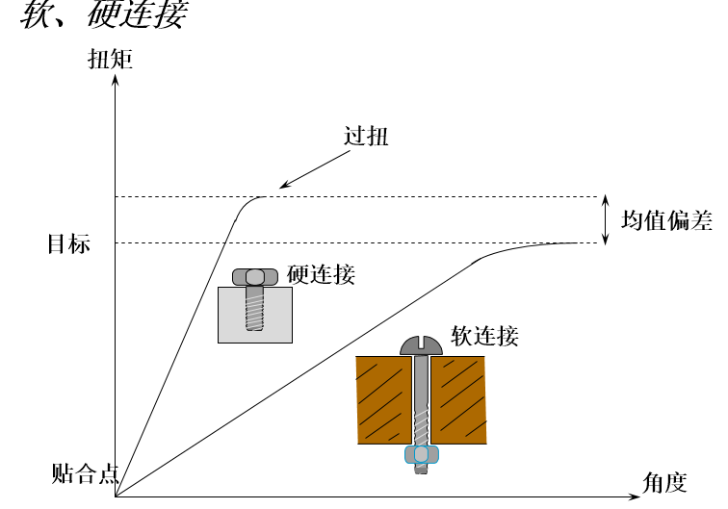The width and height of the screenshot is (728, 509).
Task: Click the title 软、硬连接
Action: (104, 13)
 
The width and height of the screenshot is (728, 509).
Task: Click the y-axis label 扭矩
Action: (111, 60)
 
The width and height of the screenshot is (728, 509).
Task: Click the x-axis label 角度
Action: (664, 483)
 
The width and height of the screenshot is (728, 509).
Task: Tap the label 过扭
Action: (366, 136)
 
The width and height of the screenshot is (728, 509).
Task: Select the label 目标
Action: (68, 243)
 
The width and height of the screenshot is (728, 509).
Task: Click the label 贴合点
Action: (85, 473)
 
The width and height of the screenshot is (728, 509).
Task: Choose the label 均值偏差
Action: (666, 220)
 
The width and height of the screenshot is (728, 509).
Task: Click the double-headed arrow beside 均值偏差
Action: (605, 220)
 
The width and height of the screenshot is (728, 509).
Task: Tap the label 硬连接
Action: (321, 274)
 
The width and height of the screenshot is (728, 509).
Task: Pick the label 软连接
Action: (484, 336)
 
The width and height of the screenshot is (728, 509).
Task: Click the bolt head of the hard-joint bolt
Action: (255, 277)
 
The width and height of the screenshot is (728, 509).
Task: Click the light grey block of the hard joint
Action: (255, 315)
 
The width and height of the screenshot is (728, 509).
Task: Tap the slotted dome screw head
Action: (421, 345)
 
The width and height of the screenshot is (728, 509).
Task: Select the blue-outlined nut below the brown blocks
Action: (422, 455)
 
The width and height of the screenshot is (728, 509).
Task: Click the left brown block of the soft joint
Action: (384, 400)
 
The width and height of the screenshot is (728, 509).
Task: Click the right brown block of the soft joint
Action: (458, 400)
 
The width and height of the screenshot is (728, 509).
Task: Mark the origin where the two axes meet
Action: (116, 496)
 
